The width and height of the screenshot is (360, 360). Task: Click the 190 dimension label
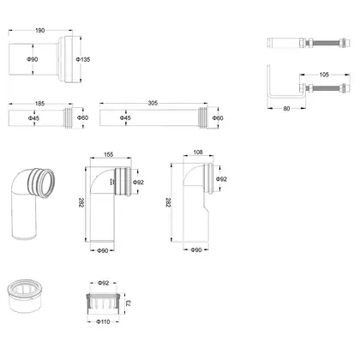point(40,30)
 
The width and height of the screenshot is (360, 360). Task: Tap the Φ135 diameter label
point(83,59)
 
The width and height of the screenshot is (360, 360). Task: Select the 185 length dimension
point(39,104)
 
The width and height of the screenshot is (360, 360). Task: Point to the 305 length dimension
point(153,103)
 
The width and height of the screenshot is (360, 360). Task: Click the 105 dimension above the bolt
point(324,75)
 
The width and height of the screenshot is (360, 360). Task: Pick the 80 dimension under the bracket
point(286,109)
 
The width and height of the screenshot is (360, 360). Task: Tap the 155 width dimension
point(109,154)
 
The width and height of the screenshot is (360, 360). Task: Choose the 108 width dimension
point(198,153)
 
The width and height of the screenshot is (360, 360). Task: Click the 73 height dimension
point(129,303)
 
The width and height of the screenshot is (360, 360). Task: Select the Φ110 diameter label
point(103,321)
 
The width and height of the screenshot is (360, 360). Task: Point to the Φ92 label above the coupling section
point(104,283)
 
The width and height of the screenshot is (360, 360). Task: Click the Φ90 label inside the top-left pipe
point(33,59)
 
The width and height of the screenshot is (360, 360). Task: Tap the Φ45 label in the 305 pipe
point(125,117)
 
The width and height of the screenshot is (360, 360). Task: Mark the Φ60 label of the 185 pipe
point(82,117)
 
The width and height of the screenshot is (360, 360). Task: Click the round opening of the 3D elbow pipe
point(46,183)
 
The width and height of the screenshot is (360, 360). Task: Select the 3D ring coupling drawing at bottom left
point(24,296)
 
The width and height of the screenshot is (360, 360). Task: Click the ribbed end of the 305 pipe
point(202,117)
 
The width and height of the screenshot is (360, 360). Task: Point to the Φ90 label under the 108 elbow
point(196,250)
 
